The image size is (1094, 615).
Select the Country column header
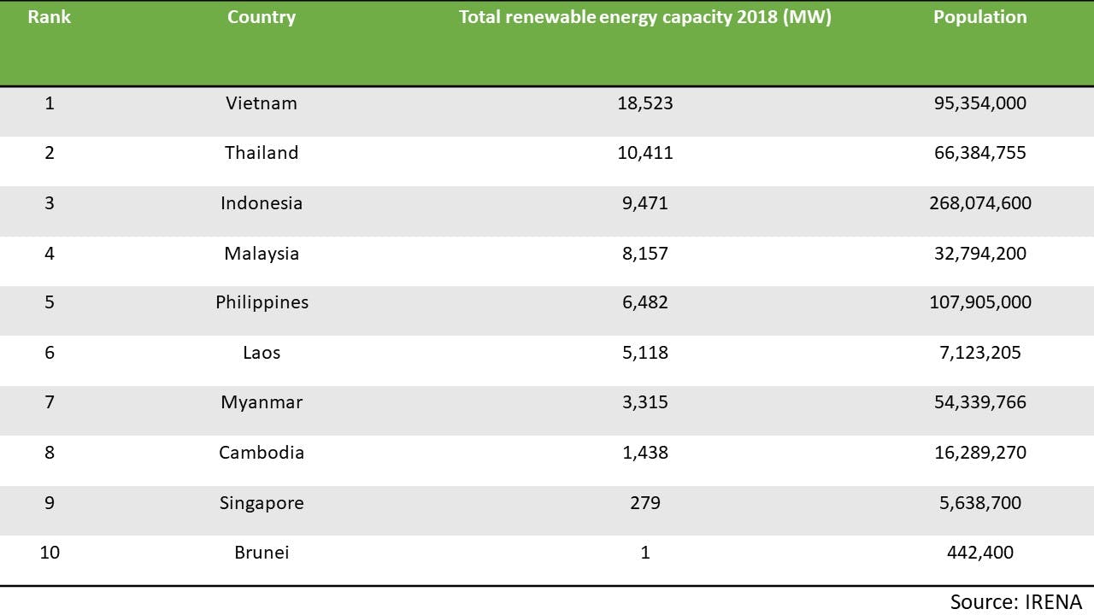[x=262, y=17]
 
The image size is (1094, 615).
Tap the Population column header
[x=979, y=17]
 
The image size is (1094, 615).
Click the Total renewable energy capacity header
[x=644, y=17]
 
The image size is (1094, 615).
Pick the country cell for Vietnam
[x=262, y=103]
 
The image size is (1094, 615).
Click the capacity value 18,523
[x=644, y=103]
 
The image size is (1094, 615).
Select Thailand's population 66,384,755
[x=979, y=153]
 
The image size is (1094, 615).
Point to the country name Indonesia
[x=262, y=203]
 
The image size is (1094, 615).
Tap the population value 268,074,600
[x=979, y=203]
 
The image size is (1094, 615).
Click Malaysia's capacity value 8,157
[x=644, y=254]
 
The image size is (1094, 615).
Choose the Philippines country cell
[x=262, y=302]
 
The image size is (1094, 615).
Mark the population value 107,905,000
[x=979, y=302]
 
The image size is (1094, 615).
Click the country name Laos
[x=262, y=353]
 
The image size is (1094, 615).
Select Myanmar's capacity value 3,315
[x=644, y=402]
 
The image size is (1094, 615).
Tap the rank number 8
[x=50, y=453]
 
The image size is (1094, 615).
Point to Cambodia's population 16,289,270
[x=979, y=453]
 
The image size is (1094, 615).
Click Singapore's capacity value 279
[x=644, y=503]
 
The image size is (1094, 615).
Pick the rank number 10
[x=50, y=553]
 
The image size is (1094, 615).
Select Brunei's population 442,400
[x=979, y=553]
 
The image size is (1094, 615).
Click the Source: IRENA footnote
[x=1015, y=601]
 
